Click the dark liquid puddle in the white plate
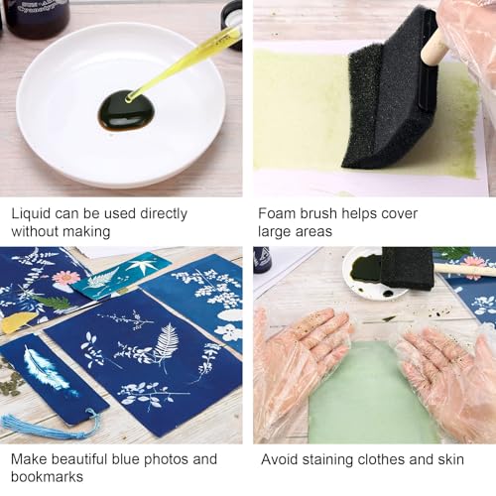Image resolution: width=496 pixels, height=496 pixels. [x=126, y=110]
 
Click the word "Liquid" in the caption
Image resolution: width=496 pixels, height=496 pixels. [x=31, y=214]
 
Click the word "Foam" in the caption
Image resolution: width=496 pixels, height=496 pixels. [x=277, y=213]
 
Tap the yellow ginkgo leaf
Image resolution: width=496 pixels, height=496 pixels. [x=18, y=321]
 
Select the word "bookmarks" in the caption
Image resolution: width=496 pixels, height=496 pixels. [x=48, y=477]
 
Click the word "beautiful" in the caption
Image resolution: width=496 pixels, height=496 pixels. [x=79, y=459]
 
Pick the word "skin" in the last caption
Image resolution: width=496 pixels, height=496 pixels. [x=450, y=459]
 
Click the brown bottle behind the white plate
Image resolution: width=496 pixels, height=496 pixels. [x=38, y=15]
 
